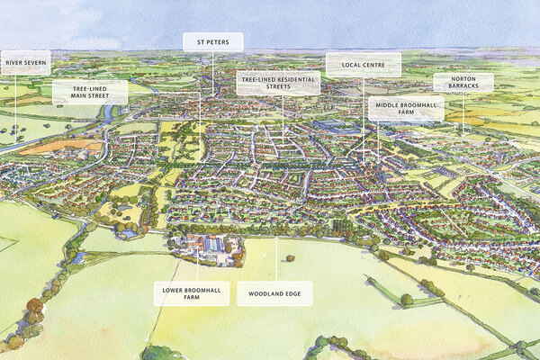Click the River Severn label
(25, 63)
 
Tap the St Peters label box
(213, 41)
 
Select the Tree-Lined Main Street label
(89, 92)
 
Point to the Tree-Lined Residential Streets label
(279, 82)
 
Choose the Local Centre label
(363, 64)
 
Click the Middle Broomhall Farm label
(405, 108)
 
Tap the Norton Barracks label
(463, 82)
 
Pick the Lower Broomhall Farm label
(191, 293)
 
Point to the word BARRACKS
(463, 87)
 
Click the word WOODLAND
(265, 293)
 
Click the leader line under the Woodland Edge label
(275, 261)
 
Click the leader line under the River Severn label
(15, 99)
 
